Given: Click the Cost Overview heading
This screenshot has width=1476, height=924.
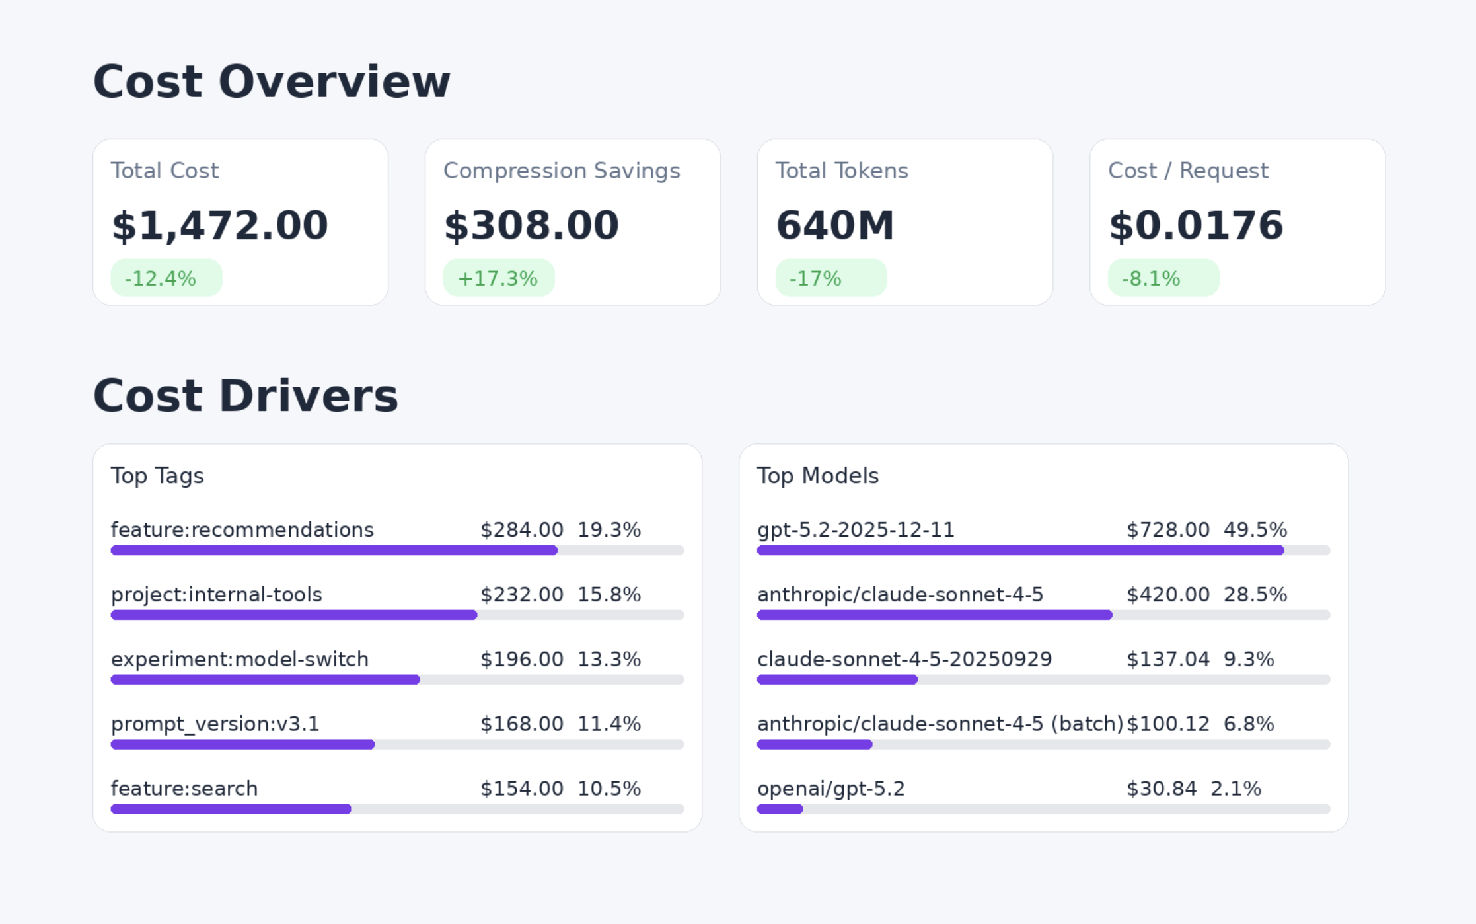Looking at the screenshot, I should tap(271, 82).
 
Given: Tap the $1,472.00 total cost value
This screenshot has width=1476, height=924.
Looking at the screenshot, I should tap(219, 225).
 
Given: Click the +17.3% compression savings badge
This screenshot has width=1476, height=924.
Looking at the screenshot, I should tap(498, 278).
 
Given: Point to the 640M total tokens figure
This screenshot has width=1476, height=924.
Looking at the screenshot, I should tap(834, 225).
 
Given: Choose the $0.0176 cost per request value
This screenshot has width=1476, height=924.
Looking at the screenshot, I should tap(1195, 225).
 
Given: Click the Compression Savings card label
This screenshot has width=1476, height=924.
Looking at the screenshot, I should tap(561, 171).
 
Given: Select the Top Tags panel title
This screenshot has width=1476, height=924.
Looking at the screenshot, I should tap(157, 476).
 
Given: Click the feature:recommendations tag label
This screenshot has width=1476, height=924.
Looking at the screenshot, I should tap(242, 530).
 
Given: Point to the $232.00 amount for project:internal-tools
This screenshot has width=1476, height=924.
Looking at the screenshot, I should tap(521, 595).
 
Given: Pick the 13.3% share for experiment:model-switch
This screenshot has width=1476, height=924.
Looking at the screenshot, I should tap(609, 660).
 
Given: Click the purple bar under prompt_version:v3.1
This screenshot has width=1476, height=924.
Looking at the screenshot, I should tap(242, 744).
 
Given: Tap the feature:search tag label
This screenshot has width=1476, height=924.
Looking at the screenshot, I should tap(184, 789).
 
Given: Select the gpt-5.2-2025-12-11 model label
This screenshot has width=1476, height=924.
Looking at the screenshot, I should tap(856, 530).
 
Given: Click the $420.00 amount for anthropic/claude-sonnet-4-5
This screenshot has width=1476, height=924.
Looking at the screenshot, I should tap(1167, 595).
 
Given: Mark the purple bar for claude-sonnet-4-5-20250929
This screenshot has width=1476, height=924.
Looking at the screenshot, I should tap(837, 679).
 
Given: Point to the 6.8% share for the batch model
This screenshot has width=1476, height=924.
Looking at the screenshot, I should tap(1248, 724).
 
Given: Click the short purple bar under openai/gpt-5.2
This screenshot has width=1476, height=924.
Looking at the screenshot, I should tap(780, 809).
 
